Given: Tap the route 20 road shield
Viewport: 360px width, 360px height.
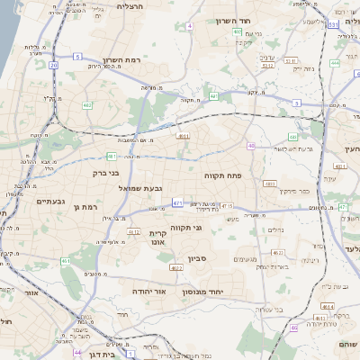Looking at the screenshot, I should tap(54, 66).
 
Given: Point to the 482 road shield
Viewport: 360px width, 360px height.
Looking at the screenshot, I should tap(87, 105).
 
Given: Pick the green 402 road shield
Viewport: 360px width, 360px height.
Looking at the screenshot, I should tap(238, 31).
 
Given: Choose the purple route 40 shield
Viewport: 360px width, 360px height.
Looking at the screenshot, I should tap(252, 146).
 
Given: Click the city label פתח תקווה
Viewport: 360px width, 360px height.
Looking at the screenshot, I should tap(223, 175).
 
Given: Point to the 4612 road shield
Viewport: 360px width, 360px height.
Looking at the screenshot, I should tap(133, 232).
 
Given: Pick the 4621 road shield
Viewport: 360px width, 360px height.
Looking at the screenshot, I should tap(176, 267).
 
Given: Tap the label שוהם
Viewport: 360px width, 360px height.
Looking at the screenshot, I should tap(347, 344).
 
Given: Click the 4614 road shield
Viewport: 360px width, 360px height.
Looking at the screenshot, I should tap(268, 183).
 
